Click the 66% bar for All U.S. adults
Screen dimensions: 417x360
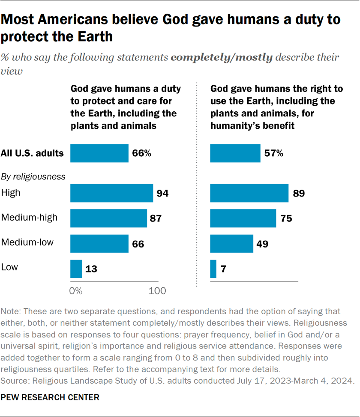coord(99,153)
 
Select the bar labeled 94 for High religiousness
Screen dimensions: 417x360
coord(111,193)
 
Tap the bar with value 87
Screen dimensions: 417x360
coord(108,218)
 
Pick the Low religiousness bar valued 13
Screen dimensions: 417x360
coord(76,269)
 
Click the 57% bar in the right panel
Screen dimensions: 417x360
coord(235,153)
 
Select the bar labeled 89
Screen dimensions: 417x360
coord(249,193)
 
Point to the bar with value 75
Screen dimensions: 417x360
coord(243,218)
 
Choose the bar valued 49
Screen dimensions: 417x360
coord(231,244)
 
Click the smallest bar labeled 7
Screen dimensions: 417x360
coord(213,269)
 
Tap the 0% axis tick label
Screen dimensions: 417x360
coord(75,291)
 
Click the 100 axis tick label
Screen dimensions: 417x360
coord(157,291)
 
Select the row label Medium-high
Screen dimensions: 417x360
coord(29,218)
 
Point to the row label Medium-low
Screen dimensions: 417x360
coord(27,243)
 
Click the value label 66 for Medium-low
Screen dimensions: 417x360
coord(138,244)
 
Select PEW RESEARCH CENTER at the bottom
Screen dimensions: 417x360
coord(51,397)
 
